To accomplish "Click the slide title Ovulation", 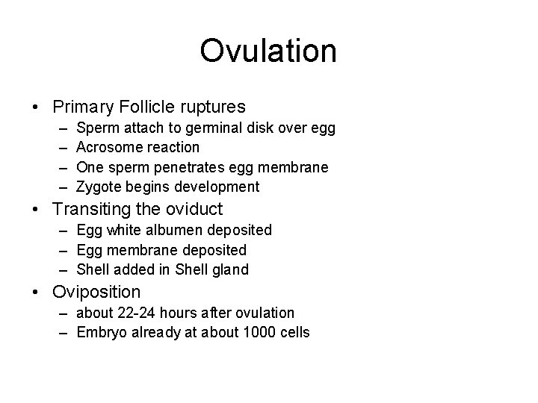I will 268,51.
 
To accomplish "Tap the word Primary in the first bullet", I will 81,107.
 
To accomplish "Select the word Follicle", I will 150,107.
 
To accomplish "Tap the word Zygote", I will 98,187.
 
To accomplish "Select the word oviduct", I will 194,210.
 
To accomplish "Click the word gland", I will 230,269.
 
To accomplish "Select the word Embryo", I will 100,333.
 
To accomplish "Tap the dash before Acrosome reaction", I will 58,148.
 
